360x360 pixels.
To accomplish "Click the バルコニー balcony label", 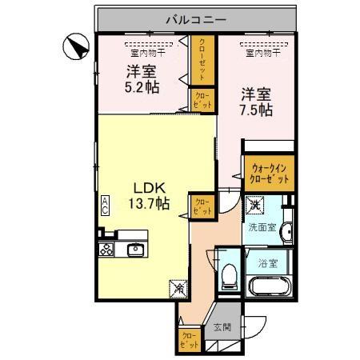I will (x=197, y=18).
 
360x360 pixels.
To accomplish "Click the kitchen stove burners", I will (x=106, y=250).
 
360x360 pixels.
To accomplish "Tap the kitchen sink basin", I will (x=135, y=250).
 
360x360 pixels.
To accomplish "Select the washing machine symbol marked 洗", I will (x=254, y=206).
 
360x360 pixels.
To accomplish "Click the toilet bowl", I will (x=229, y=277).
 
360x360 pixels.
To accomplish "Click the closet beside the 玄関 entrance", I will (x=190, y=340).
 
